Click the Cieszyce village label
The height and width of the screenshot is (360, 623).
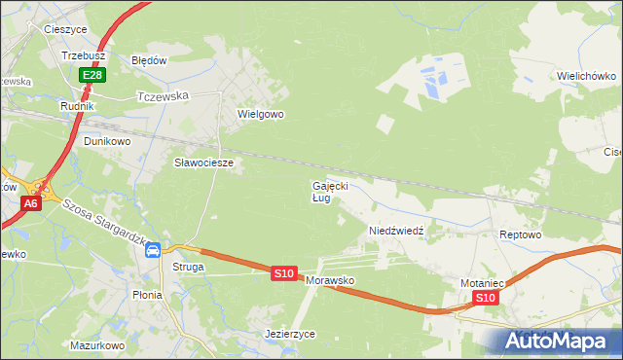(67, 29)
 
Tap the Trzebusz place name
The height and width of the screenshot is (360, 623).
(83, 56)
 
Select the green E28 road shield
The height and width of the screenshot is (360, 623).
(92, 75)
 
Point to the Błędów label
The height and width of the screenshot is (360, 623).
(150, 59)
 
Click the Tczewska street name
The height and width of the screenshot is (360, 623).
(162, 96)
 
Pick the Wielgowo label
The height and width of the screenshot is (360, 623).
(260, 114)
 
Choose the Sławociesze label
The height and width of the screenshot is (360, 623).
(203, 162)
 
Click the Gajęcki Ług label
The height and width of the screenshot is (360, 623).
(329, 191)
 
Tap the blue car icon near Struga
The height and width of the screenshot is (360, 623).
(153, 250)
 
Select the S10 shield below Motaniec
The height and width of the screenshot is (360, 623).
(487, 298)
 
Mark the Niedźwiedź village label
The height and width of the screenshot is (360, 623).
(395, 231)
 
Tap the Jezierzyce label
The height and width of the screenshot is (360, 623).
(290, 334)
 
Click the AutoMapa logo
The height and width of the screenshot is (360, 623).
(557, 341)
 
